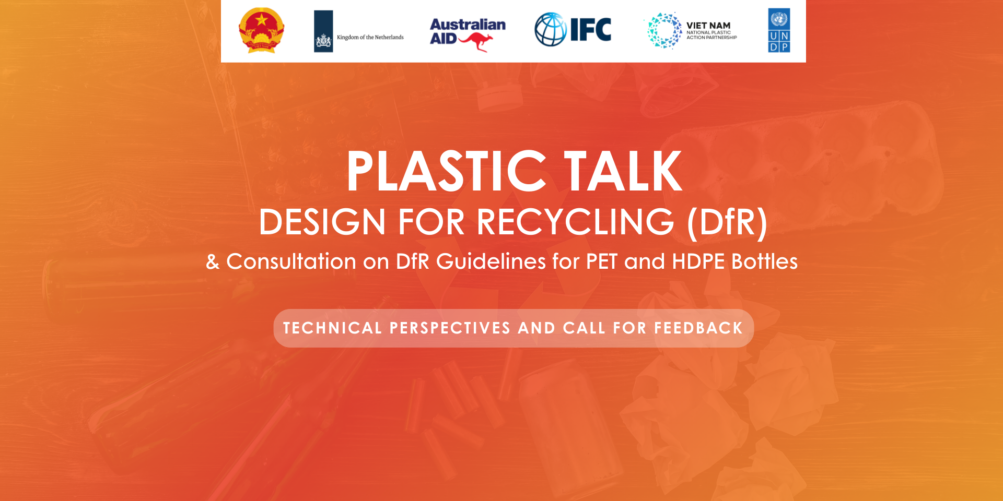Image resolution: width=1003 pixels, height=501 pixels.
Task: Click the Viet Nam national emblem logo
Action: (261, 30)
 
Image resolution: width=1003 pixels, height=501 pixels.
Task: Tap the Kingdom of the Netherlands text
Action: (370, 38)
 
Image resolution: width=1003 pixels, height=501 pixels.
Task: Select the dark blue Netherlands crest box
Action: (323, 31)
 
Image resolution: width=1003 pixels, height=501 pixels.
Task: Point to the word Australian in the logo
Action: (468, 25)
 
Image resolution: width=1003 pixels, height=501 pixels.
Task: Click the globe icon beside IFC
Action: (551, 29)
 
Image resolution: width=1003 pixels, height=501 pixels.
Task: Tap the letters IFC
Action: (590, 30)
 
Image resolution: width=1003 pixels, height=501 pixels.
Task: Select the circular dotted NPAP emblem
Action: (664, 31)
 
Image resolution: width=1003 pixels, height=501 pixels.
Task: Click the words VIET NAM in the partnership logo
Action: (708, 26)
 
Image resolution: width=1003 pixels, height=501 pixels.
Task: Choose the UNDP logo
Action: (779, 30)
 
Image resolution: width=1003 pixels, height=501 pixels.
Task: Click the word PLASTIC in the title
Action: (447, 171)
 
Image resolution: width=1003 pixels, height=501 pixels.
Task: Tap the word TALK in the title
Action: (623, 171)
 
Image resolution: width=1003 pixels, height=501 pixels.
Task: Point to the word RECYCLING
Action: (576, 222)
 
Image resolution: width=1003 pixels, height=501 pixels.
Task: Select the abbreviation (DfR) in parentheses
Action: (727, 223)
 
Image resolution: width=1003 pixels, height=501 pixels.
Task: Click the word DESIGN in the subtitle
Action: (322, 222)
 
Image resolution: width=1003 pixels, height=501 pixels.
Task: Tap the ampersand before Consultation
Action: (213, 262)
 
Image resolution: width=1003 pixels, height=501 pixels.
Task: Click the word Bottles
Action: (764, 261)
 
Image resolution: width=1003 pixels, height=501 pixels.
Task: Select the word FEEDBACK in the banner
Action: (698, 328)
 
